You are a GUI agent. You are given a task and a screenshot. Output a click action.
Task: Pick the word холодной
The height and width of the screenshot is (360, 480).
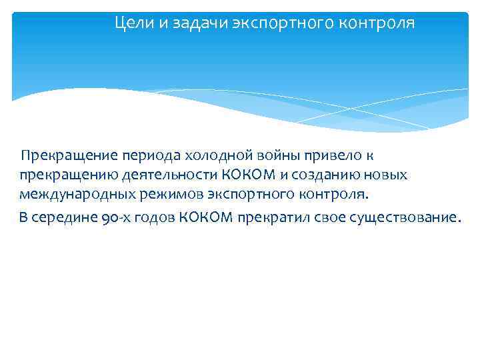click(215, 156)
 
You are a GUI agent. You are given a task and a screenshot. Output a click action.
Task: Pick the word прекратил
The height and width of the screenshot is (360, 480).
click(270, 217)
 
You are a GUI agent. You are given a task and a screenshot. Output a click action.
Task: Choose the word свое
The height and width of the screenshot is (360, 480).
click(324, 217)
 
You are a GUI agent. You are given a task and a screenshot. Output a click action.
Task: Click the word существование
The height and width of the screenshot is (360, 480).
click(403, 217)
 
